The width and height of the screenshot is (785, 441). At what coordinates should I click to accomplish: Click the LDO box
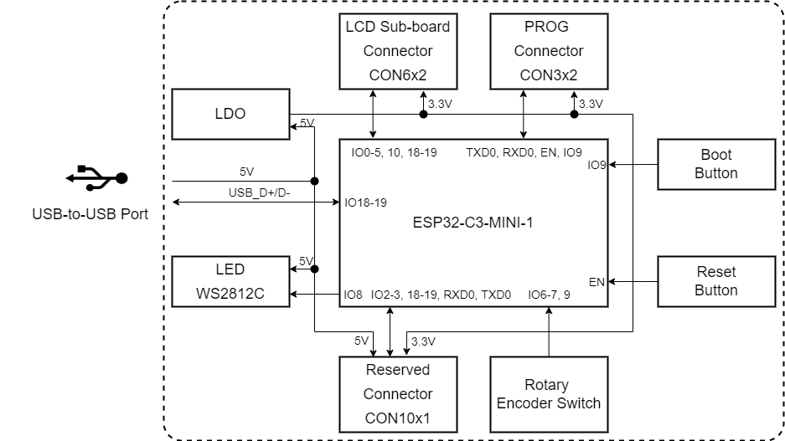(x=230, y=114)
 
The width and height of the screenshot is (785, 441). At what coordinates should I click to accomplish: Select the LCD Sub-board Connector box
(x=398, y=50)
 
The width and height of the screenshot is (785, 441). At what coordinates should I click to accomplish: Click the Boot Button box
(x=716, y=164)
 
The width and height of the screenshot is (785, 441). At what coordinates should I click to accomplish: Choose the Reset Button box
(x=716, y=281)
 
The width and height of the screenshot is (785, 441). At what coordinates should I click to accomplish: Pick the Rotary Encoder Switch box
(x=549, y=393)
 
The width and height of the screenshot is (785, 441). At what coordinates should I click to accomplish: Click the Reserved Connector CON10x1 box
(x=398, y=393)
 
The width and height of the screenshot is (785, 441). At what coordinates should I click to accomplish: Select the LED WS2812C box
(x=230, y=281)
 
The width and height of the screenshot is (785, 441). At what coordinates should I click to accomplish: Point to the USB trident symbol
(x=96, y=177)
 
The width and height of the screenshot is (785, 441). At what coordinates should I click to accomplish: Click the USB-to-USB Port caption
(x=90, y=214)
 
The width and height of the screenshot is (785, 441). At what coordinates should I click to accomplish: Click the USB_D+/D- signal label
(x=259, y=193)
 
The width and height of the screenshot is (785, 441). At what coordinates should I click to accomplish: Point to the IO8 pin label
(x=354, y=295)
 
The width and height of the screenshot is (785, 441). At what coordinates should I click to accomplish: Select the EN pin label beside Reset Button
(x=596, y=282)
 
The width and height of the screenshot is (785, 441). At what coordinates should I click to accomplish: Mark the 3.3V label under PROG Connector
(x=591, y=105)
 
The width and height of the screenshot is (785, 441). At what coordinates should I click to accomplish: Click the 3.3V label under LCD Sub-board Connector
(x=441, y=105)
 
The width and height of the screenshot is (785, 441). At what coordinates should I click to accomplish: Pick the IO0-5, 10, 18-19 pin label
(x=394, y=153)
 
